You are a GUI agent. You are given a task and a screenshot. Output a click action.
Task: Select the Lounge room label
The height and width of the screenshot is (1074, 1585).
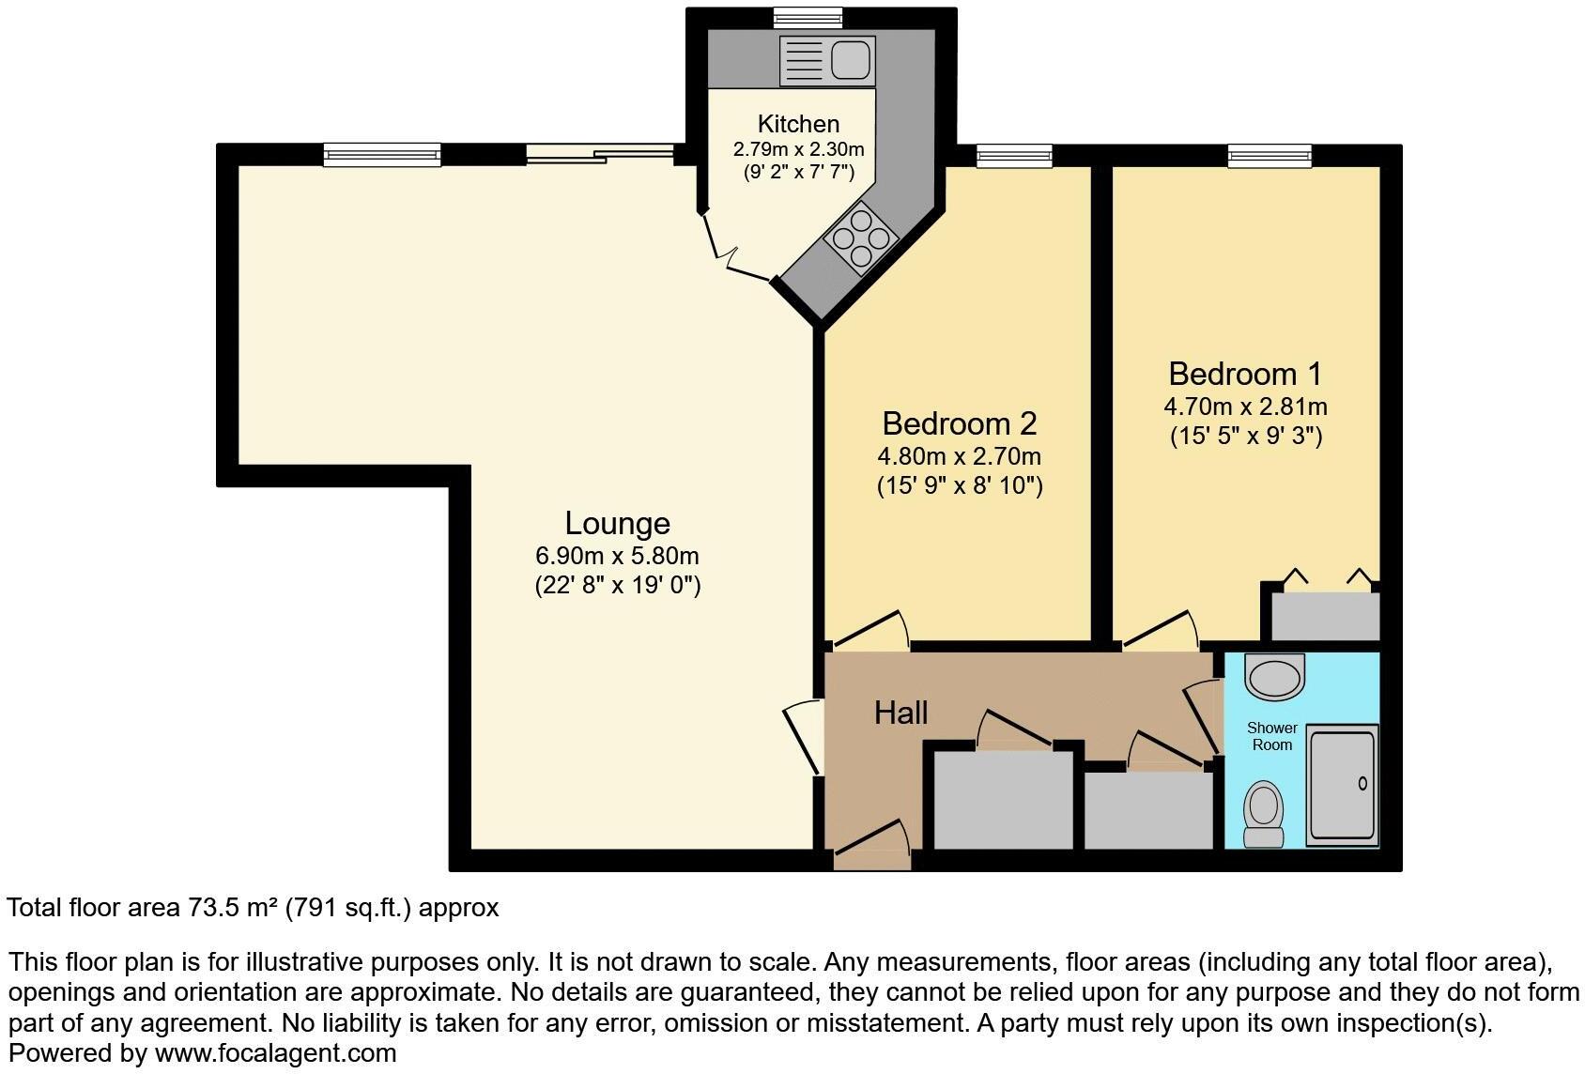[x=617, y=524]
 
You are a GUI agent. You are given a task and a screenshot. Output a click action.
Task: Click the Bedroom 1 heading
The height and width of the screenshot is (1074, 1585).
[x=1245, y=374]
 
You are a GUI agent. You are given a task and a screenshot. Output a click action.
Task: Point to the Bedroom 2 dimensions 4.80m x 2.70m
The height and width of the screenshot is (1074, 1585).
[x=959, y=457]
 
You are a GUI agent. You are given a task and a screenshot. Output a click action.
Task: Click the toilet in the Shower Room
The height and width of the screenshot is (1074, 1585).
[x=1263, y=811]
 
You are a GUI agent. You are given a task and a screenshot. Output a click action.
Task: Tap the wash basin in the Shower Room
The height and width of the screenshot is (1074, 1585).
[x=1274, y=676]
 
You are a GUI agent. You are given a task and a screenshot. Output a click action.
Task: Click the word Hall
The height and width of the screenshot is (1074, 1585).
[x=900, y=713]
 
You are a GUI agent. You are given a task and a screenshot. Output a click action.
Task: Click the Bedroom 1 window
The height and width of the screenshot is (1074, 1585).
[x=1270, y=155]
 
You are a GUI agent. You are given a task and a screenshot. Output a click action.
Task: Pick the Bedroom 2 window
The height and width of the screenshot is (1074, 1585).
[x=1014, y=155]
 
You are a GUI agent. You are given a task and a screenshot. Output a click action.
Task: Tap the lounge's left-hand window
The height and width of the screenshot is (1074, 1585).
[x=382, y=155]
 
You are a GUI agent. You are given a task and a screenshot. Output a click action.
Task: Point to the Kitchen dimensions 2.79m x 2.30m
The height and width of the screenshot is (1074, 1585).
[x=798, y=149]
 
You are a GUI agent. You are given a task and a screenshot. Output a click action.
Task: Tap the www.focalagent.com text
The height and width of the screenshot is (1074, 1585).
[x=275, y=1053]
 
